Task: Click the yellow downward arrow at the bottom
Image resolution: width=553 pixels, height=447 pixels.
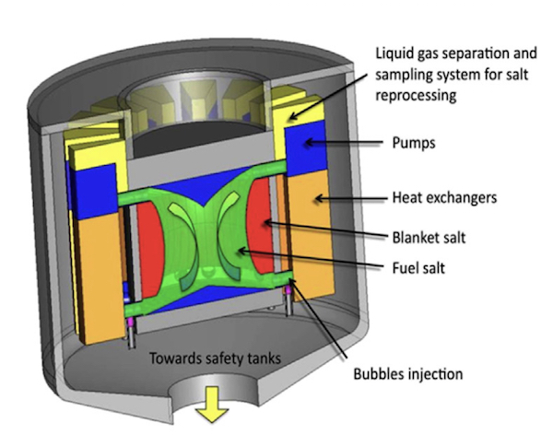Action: tap(215, 406)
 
